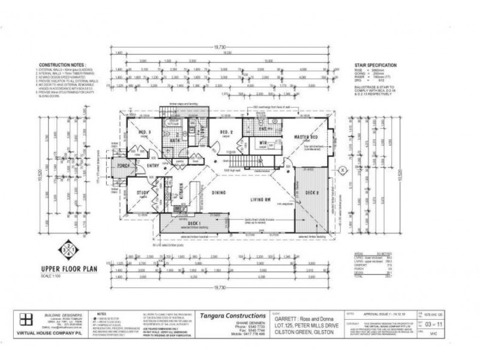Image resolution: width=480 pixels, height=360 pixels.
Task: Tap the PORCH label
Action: click(x=124, y=166)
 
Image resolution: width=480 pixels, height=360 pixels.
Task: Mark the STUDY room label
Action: click(x=142, y=193)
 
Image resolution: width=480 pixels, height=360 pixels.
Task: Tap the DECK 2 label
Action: click(x=311, y=193)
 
